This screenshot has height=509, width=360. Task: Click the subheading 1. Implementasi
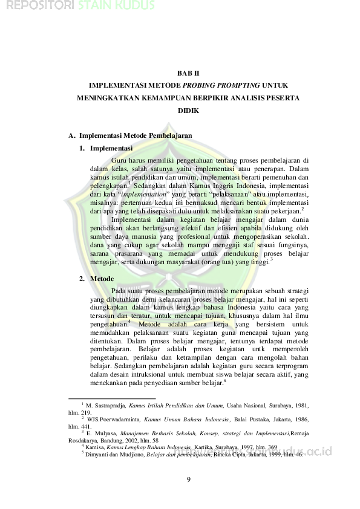point(111,148)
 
